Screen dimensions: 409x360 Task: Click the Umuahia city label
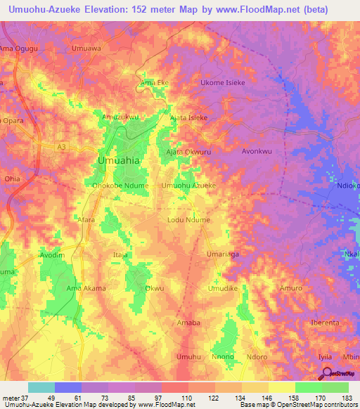pos(118,161)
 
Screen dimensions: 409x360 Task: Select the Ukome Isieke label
pos(223,82)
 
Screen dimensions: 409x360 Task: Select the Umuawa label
pos(86,49)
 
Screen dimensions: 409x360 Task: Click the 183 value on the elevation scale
pos(347,397)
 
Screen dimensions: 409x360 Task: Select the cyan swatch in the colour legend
pos(41,387)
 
